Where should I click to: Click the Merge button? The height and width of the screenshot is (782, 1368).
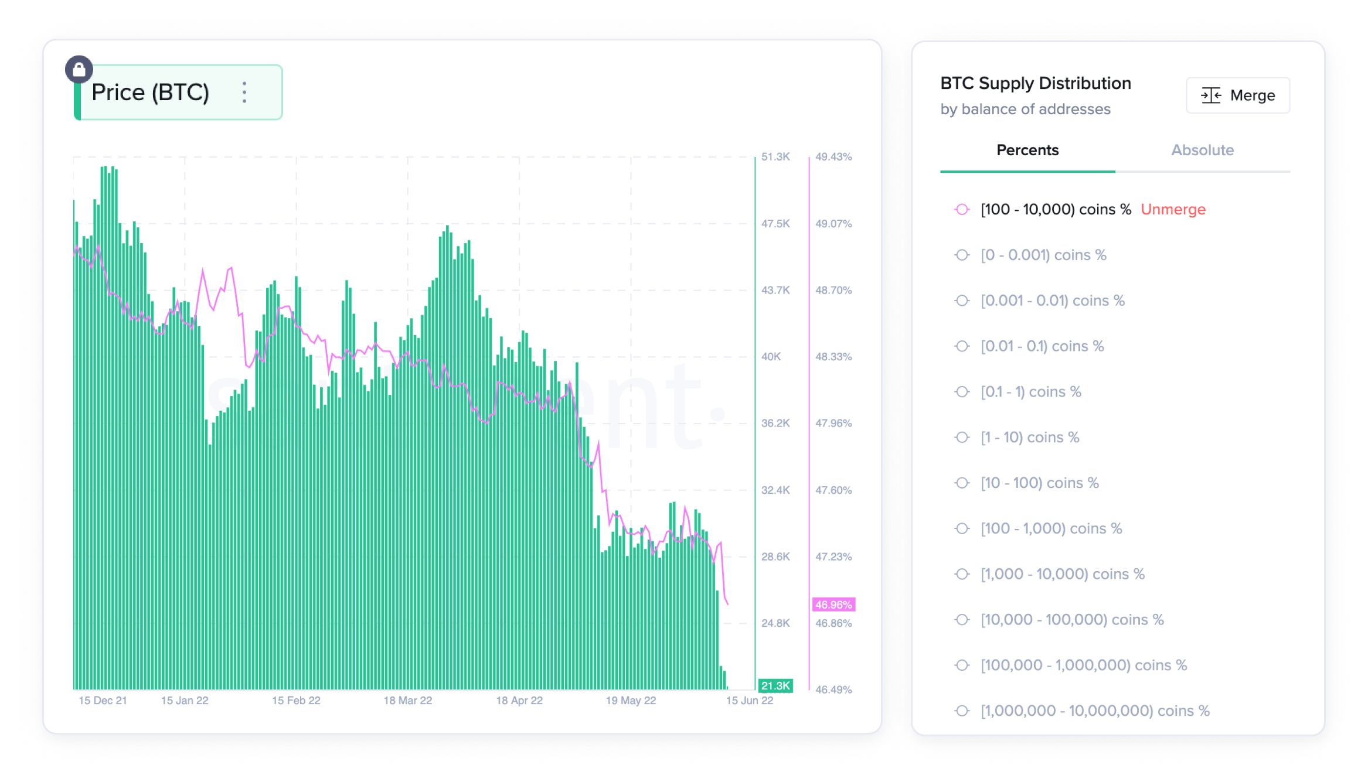1238,95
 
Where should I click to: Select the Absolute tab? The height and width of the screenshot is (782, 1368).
1202,151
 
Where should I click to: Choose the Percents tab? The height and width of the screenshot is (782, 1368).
1027,151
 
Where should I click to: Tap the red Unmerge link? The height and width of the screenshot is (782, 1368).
1173,210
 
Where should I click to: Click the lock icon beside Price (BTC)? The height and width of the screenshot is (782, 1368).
79,70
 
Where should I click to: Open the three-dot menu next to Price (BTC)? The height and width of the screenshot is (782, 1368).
244,93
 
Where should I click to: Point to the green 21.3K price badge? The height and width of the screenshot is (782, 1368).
775,685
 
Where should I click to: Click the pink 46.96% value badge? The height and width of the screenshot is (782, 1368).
833,605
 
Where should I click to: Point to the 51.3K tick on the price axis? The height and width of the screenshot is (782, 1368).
775,157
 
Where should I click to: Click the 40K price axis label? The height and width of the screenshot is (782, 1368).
771,357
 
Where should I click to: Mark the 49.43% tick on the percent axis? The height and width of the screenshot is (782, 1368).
833,157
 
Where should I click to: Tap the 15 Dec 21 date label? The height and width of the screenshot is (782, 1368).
103,701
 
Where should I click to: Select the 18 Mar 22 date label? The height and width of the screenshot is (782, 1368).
407,701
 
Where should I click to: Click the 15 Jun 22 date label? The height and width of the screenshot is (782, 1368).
749,701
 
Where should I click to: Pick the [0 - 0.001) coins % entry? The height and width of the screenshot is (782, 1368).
1043,255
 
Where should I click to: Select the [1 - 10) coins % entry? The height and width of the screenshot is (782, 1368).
1030,438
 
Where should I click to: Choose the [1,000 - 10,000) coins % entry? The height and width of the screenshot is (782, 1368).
1062,574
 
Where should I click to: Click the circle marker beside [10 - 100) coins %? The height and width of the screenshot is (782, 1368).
962,483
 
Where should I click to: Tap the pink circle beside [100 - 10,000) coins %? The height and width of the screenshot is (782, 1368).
962,210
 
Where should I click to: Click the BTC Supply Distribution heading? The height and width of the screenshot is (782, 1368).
1036,84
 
